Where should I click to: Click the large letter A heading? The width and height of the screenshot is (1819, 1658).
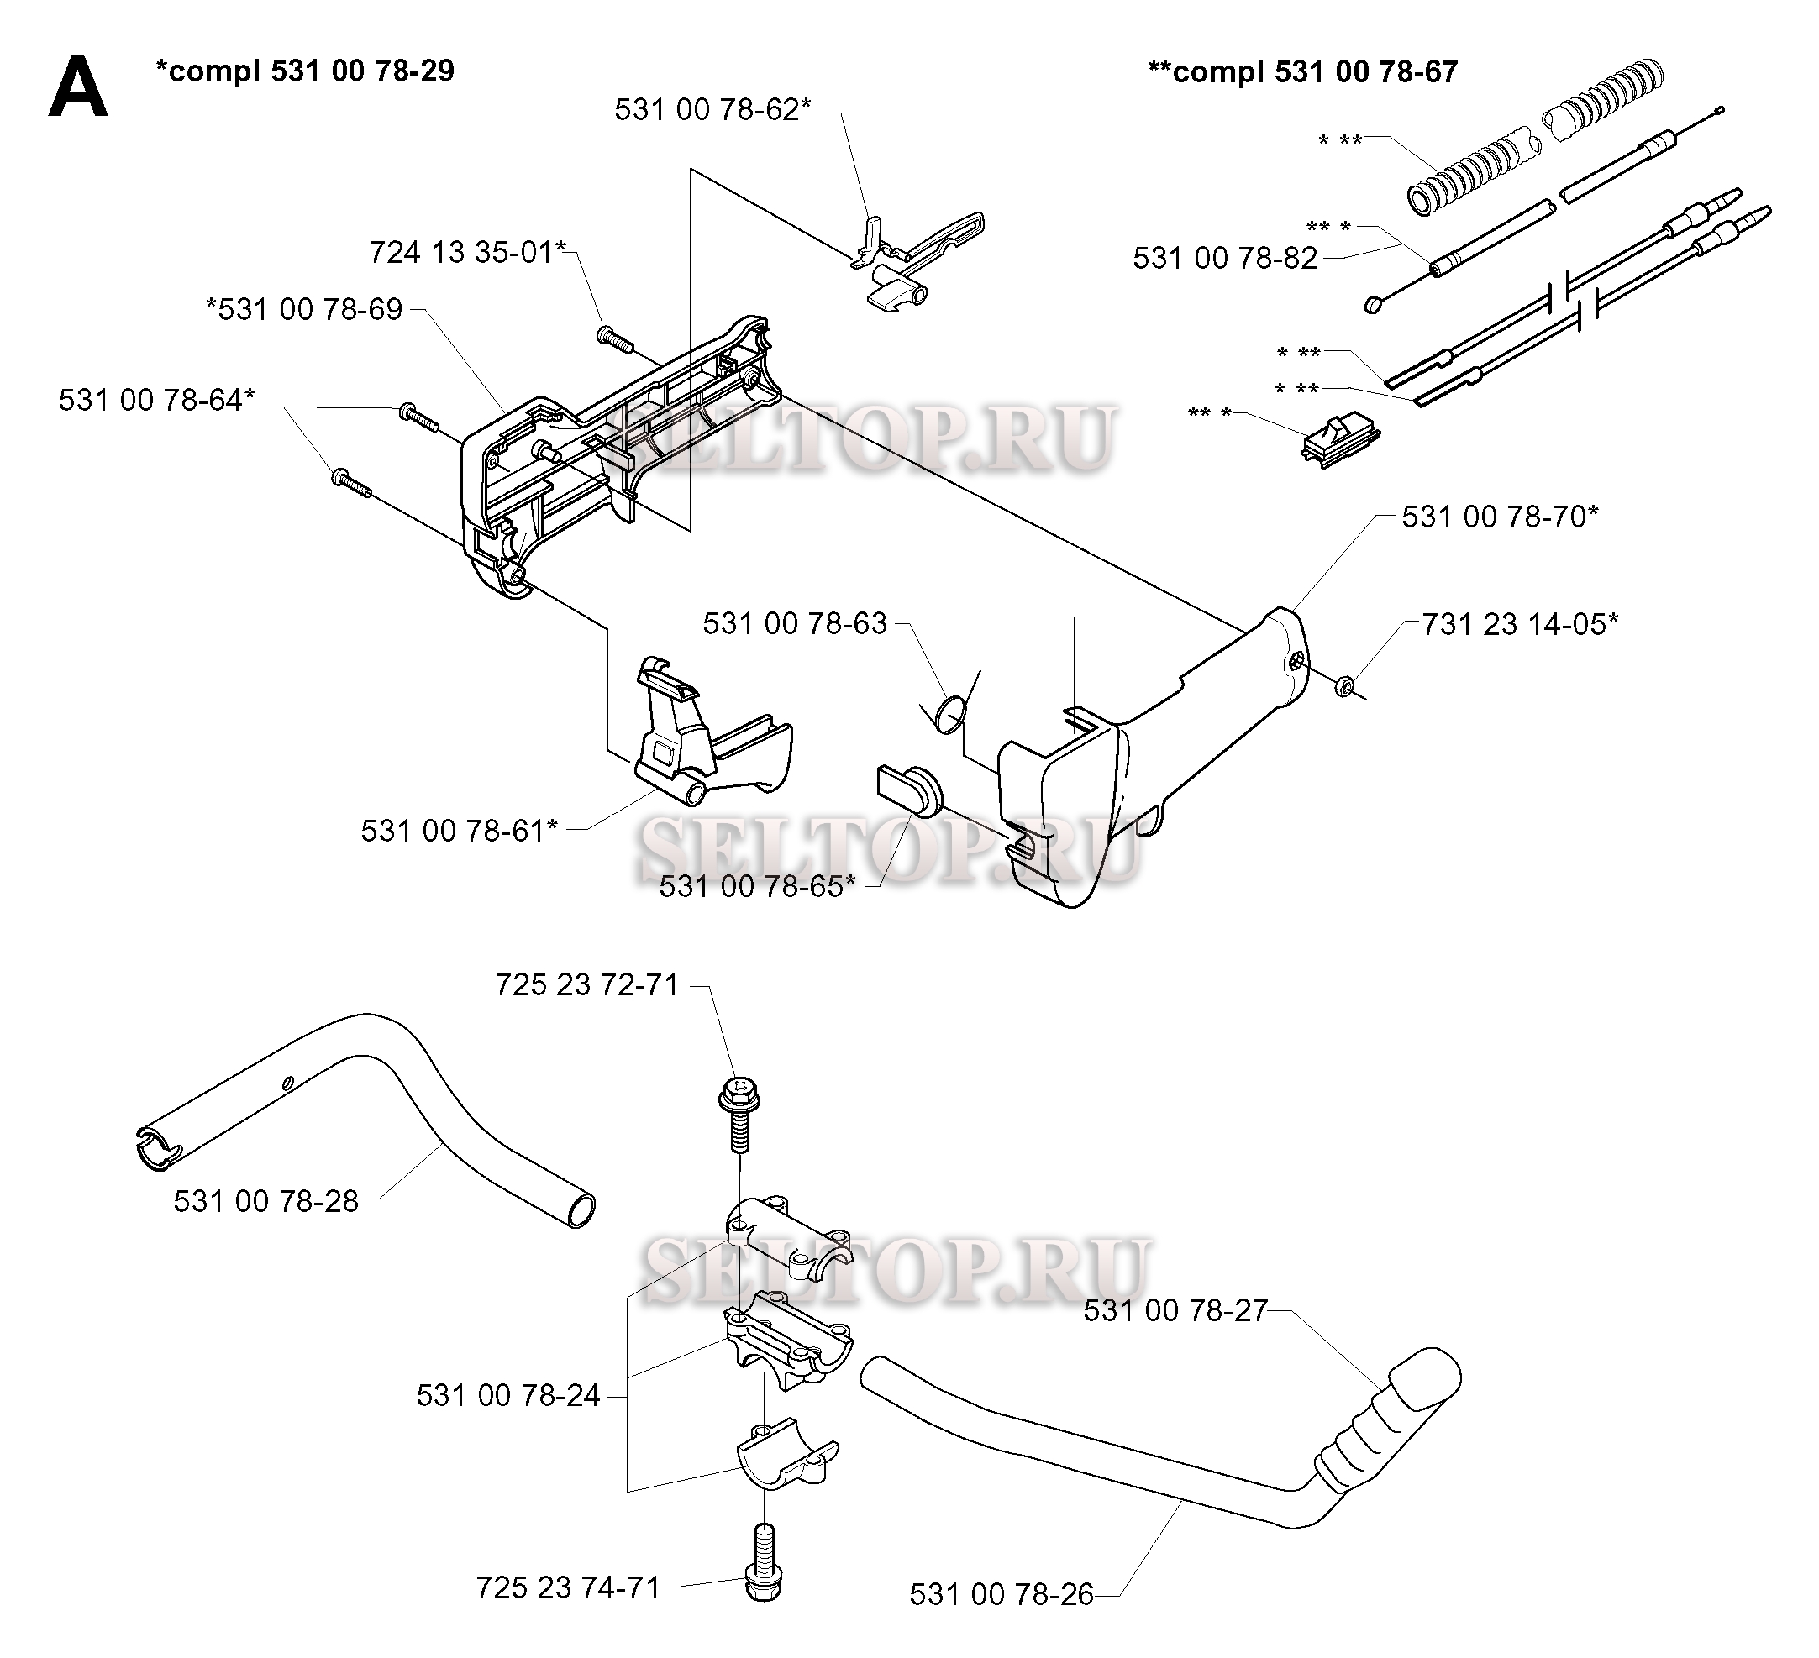pyautogui.click(x=78, y=87)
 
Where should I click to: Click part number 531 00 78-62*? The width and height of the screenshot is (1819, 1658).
pyautogui.click(x=712, y=110)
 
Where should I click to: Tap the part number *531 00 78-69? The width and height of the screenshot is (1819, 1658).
pyautogui.click(x=304, y=309)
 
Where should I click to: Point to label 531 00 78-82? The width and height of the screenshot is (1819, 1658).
pyautogui.click(x=1225, y=259)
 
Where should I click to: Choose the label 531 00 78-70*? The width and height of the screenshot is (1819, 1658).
pyautogui.click(x=1500, y=517)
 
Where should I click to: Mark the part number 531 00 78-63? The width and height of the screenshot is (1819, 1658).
pyautogui.click(x=795, y=623)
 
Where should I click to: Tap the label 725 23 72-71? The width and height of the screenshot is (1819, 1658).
pyautogui.click(x=587, y=985)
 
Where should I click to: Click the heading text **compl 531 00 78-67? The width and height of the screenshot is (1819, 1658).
pyautogui.click(x=1302, y=71)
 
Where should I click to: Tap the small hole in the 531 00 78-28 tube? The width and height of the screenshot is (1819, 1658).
pyautogui.click(x=288, y=1083)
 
